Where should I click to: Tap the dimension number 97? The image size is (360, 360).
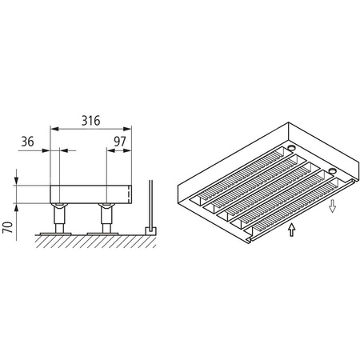[121, 142]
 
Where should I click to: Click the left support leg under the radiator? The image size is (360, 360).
[58, 216]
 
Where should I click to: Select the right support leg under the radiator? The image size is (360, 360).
[105, 216]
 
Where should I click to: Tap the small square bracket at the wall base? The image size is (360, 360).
[147, 230]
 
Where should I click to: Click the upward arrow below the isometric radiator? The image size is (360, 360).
[292, 231]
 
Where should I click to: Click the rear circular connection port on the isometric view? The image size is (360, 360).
[293, 148]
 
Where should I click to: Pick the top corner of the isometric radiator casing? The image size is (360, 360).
[286, 122]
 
